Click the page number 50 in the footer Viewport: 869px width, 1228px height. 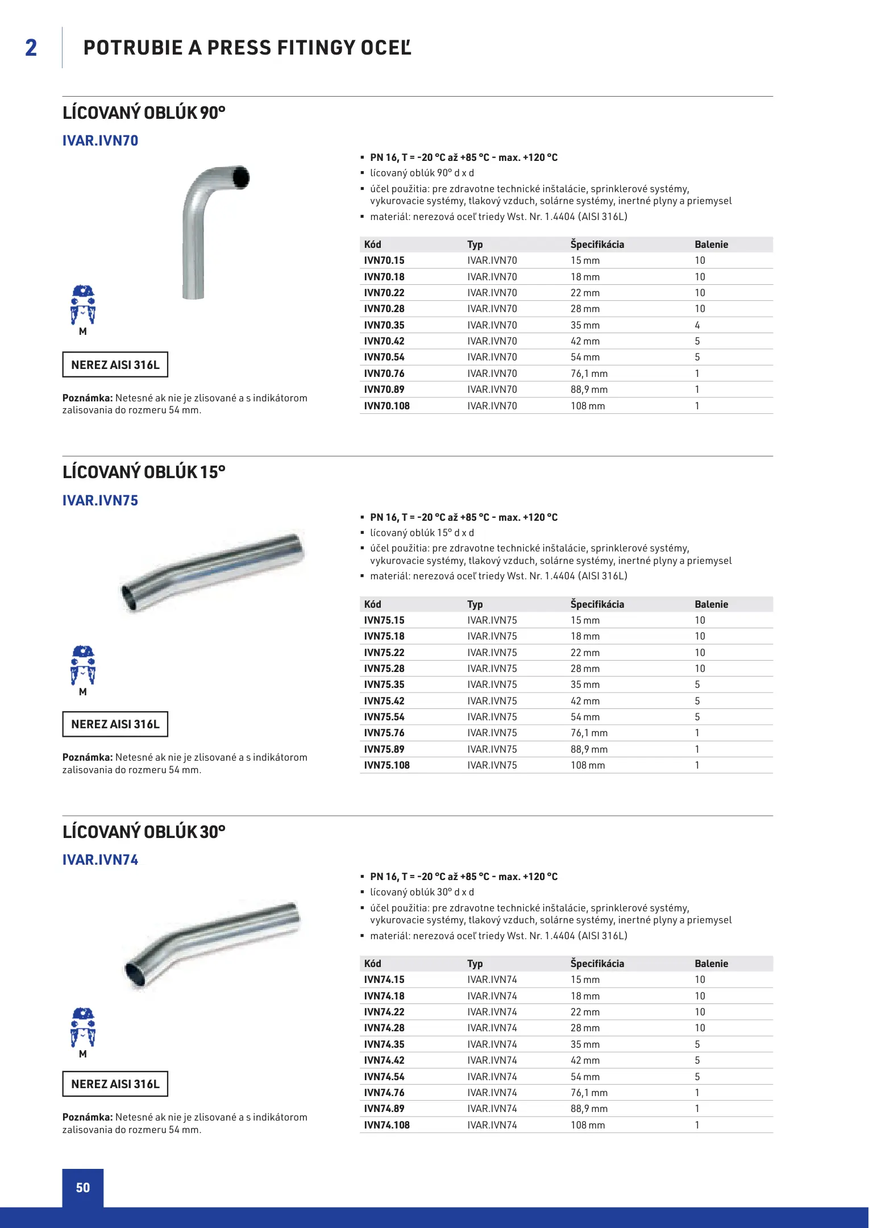tap(83, 1188)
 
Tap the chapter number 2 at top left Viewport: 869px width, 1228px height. tap(31, 48)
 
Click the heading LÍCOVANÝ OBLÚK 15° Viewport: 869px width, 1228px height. tap(144, 472)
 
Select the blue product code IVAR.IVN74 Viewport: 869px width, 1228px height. tap(100, 860)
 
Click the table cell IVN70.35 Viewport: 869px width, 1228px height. tap(384, 325)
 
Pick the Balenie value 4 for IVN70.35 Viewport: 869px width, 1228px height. tap(697, 325)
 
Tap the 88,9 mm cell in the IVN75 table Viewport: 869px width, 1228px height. tap(589, 749)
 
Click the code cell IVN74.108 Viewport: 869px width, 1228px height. tap(386, 1125)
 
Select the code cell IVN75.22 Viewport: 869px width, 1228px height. tap(384, 653)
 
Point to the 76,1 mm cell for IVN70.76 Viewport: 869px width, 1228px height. tap(589, 374)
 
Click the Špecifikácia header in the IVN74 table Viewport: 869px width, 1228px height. tap(597, 964)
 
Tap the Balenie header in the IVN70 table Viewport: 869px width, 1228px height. tap(711, 244)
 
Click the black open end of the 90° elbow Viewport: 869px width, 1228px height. tap(241, 177)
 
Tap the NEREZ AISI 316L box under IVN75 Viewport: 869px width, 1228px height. tap(115, 724)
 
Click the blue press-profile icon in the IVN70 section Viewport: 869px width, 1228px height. tap(83, 306)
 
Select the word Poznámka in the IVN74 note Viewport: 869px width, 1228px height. tap(88, 1117)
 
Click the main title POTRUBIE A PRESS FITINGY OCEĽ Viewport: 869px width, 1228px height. tap(247, 48)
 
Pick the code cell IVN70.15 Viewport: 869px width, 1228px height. tap(384, 260)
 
